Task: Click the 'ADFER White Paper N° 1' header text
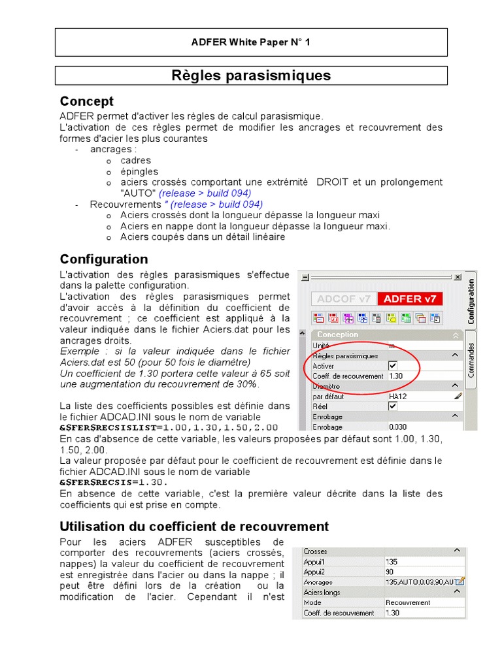coord(251,42)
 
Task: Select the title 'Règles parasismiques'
coord(251,76)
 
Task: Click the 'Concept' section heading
coord(86,101)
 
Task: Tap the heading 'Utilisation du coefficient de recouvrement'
coord(194,526)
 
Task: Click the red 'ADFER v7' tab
coord(409,299)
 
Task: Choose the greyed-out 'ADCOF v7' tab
coord(343,299)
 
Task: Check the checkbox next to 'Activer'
coord(393,366)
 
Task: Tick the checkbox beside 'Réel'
coord(393,406)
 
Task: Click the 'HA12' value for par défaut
coord(397,396)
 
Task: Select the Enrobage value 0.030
coord(397,426)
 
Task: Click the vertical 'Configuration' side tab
coord(471,301)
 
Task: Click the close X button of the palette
coord(457,277)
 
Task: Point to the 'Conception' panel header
coord(338,334)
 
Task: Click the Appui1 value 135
coord(392,561)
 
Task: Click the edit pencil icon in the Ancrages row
coord(461,581)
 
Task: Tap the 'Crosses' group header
coord(316,551)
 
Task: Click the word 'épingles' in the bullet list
coord(139,171)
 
